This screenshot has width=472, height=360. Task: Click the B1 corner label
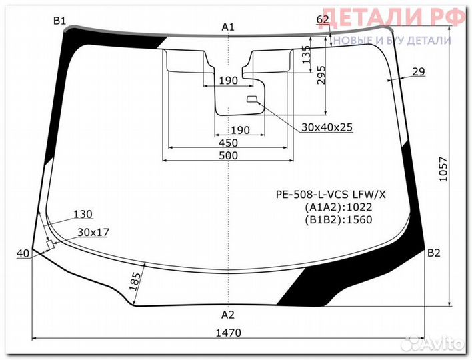tap(59, 21)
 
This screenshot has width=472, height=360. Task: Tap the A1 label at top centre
tap(228, 27)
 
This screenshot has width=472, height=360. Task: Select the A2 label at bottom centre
tap(228, 315)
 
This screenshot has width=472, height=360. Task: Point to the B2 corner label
tap(434, 253)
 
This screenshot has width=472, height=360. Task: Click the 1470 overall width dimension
tap(229, 333)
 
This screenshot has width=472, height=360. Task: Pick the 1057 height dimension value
tap(443, 169)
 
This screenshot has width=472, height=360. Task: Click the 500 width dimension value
tap(228, 155)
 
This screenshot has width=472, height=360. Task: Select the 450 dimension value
tap(228, 143)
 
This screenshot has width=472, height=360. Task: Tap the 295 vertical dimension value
tap(321, 75)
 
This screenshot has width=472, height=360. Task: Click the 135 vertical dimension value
tap(306, 55)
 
